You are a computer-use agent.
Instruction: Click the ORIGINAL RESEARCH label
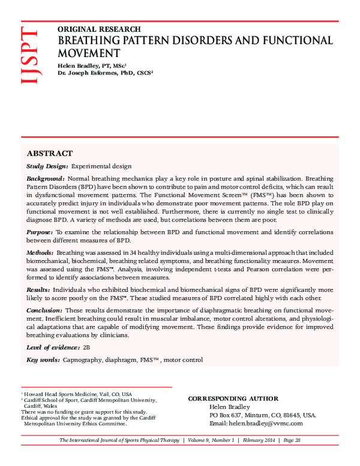coord(99,29)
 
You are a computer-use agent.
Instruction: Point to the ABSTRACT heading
coord(50,153)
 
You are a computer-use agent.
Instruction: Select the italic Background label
coord(46,179)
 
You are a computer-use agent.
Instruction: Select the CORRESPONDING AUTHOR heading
coord(233,398)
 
